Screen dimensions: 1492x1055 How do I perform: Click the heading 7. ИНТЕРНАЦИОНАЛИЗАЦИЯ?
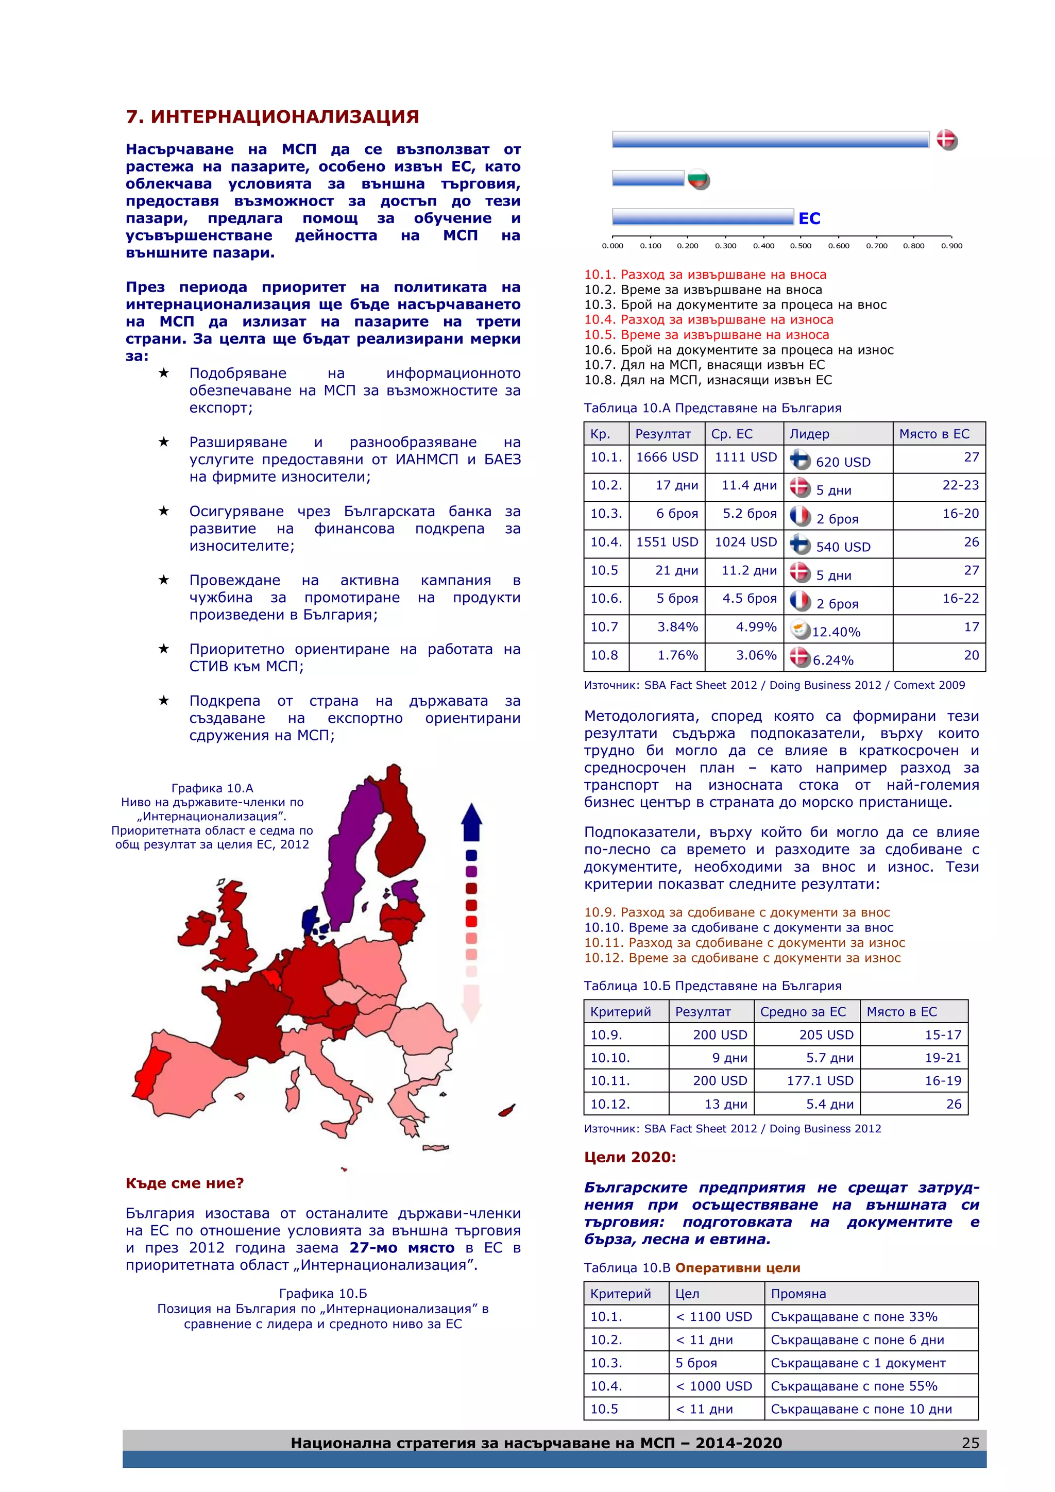(x=272, y=117)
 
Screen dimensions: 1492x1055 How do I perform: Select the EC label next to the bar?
(x=809, y=218)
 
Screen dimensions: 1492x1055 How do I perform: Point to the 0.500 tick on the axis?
(x=801, y=246)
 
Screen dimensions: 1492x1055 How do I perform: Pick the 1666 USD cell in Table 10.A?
(x=667, y=457)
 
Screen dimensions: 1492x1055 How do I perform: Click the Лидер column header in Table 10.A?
(x=809, y=434)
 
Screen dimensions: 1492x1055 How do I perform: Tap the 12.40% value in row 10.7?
(x=836, y=632)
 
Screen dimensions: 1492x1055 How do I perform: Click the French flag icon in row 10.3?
(x=801, y=516)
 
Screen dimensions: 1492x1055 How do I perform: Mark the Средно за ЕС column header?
(x=803, y=1012)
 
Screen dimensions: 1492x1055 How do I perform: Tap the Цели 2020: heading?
(x=629, y=1157)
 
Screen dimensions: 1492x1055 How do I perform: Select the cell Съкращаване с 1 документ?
(x=858, y=1363)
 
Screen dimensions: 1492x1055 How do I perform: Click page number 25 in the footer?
(x=970, y=1443)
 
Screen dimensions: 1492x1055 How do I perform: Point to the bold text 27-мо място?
(x=401, y=1248)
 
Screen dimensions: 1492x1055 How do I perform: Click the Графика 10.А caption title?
(x=212, y=788)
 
